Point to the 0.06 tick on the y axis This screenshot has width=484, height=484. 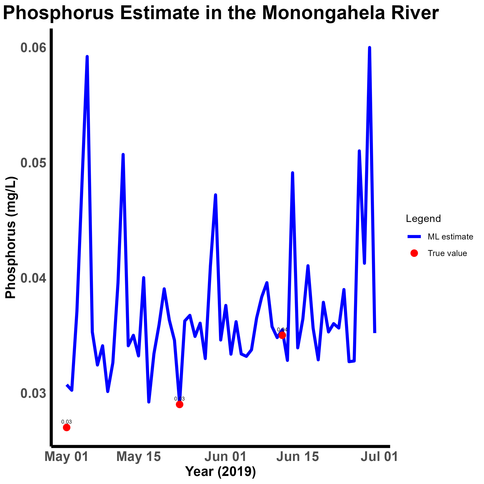(x=34, y=48)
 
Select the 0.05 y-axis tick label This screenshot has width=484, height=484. (x=34, y=163)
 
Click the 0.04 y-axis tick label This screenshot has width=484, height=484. (x=34, y=278)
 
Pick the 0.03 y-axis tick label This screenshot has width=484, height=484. (x=34, y=393)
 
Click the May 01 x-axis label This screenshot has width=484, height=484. (x=66, y=456)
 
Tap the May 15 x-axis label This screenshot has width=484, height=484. (x=139, y=456)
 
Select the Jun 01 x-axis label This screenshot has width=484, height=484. (x=225, y=456)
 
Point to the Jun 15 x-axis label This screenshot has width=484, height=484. (x=298, y=456)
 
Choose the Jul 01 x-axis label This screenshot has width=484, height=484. (x=379, y=456)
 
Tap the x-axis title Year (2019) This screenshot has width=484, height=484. (x=221, y=472)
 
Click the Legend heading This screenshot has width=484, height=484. (x=423, y=219)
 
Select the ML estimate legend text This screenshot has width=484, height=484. (x=450, y=237)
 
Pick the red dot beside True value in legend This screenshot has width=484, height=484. (x=414, y=253)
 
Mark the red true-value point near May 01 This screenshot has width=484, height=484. (x=66, y=427)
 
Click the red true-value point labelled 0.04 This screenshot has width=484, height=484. (x=282, y=335)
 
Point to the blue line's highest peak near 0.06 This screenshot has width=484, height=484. (x=369, y=48)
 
